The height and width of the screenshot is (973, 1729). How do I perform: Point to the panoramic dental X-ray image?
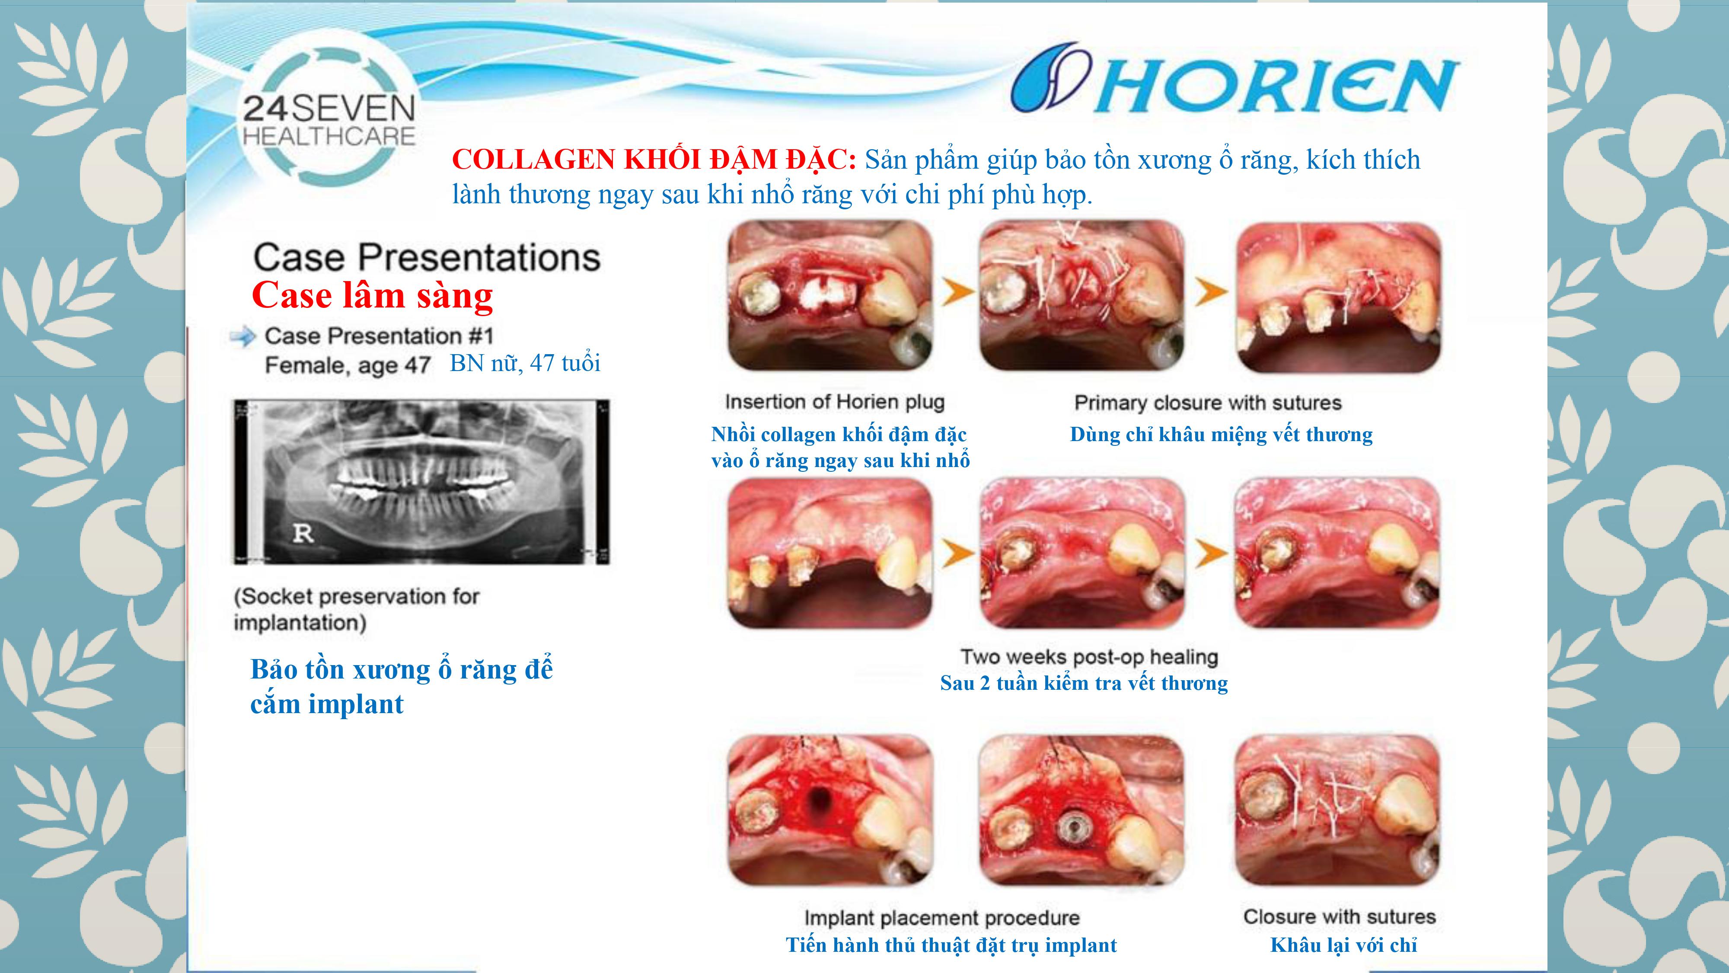(421, 481)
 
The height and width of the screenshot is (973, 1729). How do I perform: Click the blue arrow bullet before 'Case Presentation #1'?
(243, 336)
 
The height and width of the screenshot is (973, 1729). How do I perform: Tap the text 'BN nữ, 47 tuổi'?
(525, 363)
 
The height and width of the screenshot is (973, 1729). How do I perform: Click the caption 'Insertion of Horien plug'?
(834, 402)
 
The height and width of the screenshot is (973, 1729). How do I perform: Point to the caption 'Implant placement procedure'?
(942, 917)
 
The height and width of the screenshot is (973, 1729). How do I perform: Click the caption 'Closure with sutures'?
(1339, 917)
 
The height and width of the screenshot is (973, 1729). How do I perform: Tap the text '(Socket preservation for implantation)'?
(357, 609)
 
